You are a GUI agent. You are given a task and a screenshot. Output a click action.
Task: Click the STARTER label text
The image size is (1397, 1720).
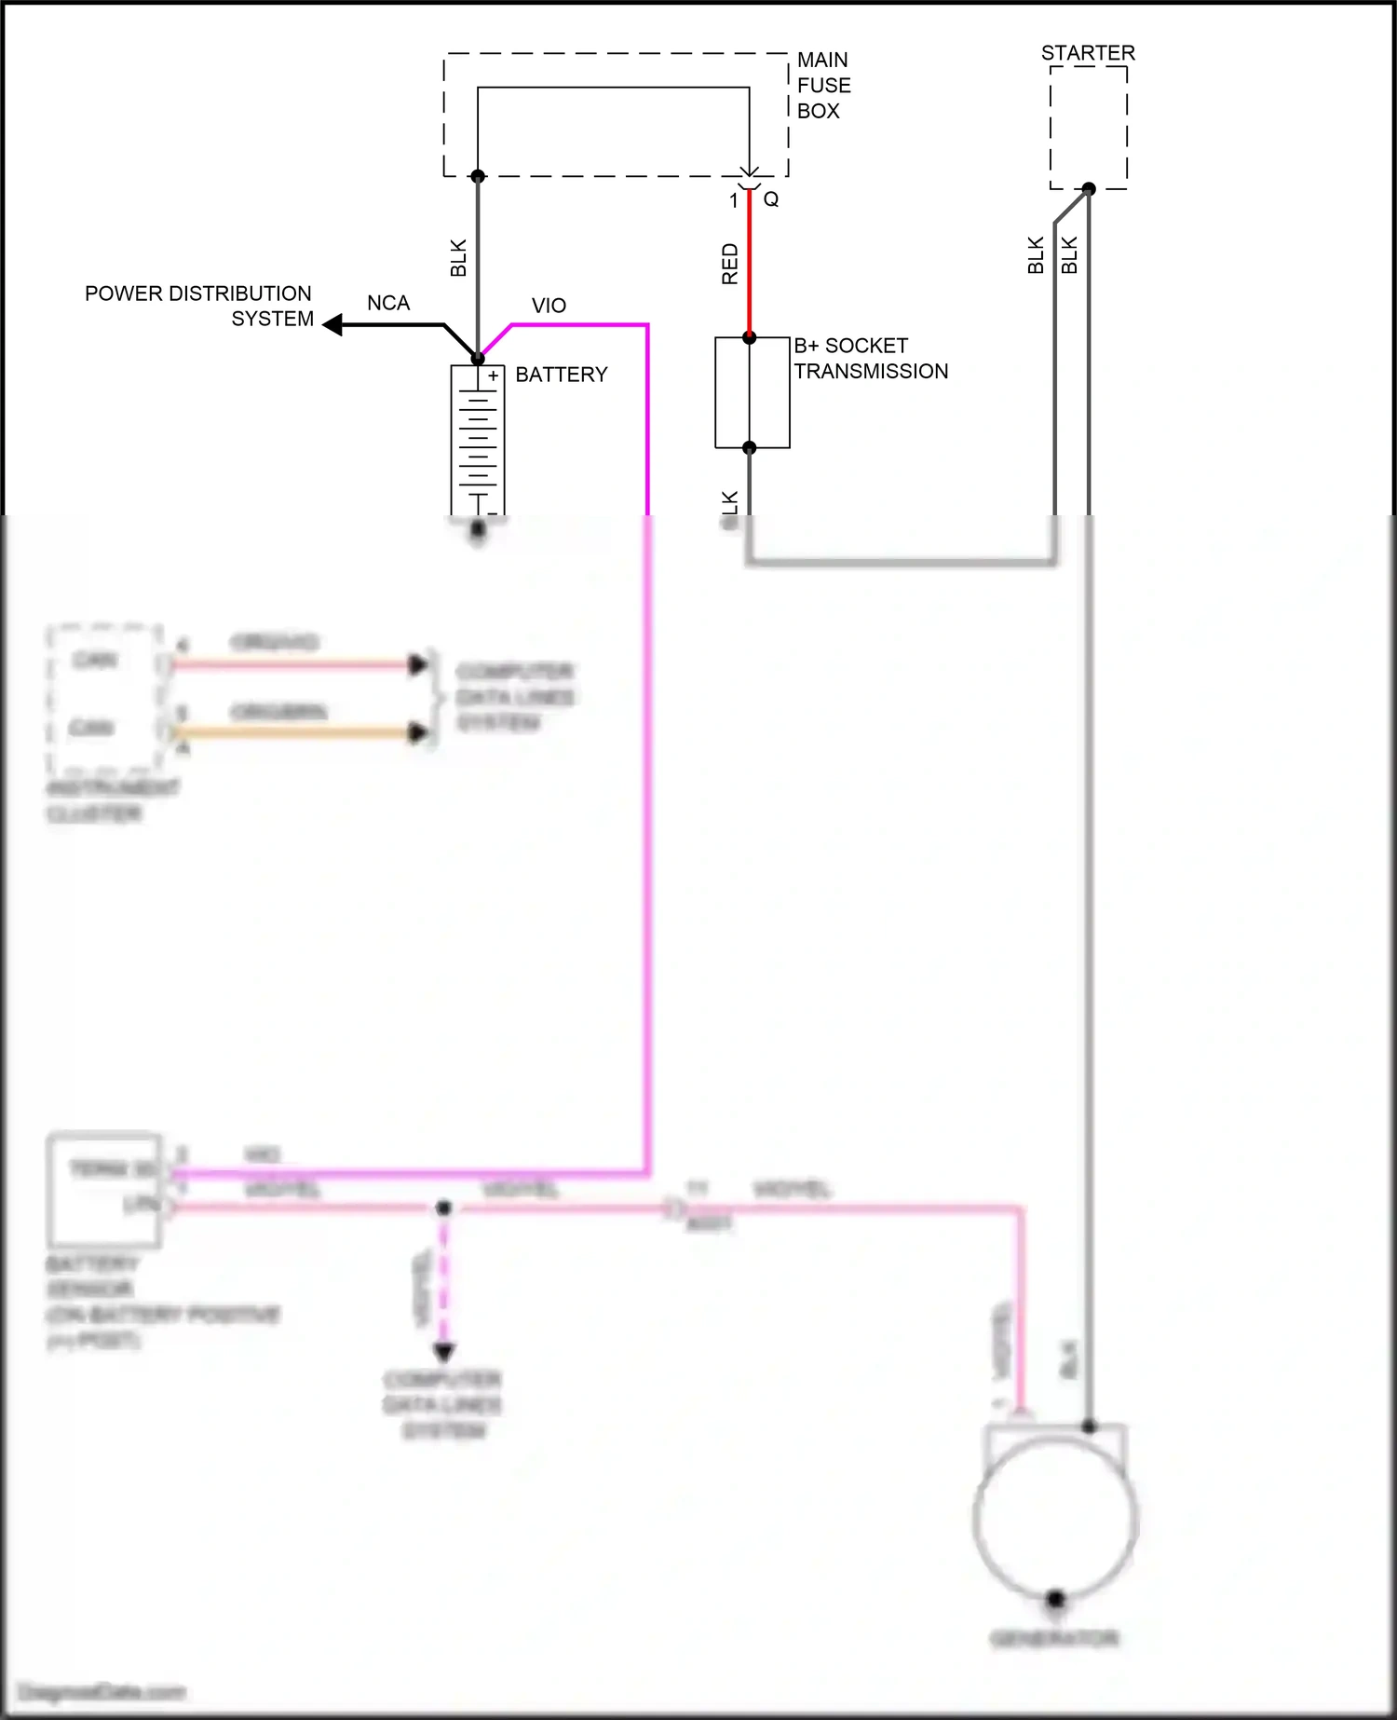(x=1088, y=53)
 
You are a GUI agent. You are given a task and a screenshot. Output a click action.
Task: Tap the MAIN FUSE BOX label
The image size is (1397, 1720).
(x=823, y=85)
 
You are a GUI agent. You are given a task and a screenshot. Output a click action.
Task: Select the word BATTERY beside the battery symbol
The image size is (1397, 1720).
(x=561, y=375)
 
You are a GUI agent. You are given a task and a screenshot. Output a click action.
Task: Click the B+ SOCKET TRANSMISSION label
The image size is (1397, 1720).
(x=870, y=359)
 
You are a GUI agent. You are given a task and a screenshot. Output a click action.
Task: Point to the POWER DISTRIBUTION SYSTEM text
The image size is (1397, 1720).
(x=198, y=306)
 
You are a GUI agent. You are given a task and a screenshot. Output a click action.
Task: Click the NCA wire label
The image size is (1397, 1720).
(x=388, y=304)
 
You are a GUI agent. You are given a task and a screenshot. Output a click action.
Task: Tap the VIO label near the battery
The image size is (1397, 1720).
(x=549, y=306)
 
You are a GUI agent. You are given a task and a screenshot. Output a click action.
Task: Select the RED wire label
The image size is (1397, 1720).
(x=730, y=264)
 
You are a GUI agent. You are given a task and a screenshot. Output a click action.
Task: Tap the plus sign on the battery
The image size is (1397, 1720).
(x=494, y=376)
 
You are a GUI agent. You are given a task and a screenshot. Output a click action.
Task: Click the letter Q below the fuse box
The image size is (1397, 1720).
(x=771, y=199)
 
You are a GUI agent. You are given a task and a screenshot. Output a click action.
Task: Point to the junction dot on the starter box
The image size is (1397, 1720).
(x=1088, y=189)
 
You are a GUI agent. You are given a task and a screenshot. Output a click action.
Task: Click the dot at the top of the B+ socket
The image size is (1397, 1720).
(x=750, y=337)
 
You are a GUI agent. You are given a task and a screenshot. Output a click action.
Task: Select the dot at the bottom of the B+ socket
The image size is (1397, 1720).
(x=750, y=448)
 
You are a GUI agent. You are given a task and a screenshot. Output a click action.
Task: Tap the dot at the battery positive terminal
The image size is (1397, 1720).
(x=478, y=359)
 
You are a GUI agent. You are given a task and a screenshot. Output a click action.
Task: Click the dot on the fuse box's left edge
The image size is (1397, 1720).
(x=478, y=176)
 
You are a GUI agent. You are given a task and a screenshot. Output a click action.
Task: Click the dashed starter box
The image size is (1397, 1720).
(x=1088, y=128)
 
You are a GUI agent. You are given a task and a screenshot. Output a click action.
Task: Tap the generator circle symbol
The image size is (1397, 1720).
(x=1055, y=1519)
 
